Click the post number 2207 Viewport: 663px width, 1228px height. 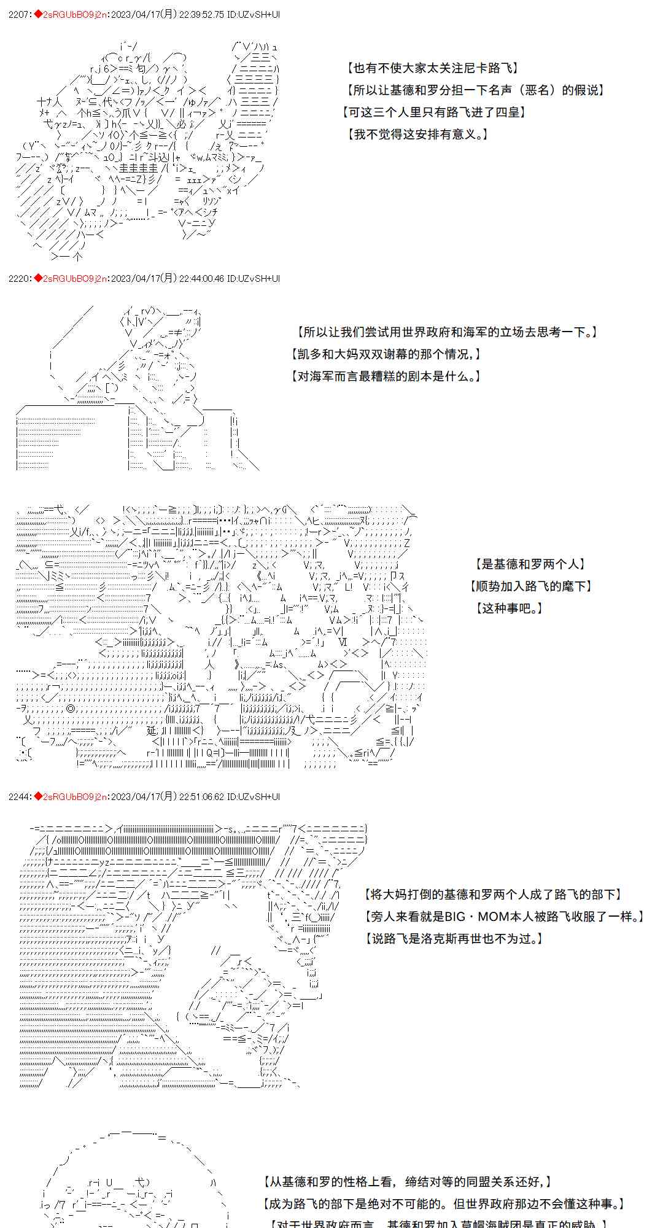[17, 14]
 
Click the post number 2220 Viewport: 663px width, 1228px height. [17, 278]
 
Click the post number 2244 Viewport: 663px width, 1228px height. [17, 796]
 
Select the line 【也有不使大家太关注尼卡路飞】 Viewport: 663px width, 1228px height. [433, 68]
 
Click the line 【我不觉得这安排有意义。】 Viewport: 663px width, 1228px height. [418, 134]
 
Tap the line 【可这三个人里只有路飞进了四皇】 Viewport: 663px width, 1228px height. [434, 112]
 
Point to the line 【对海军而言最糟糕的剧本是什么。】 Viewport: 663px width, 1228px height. [386, 376]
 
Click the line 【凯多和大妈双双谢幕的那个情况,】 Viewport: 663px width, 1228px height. [386, 354]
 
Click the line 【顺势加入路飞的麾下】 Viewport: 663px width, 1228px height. [531, 586]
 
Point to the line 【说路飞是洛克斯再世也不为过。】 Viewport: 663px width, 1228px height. [454, 939]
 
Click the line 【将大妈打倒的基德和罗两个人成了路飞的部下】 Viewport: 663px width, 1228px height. [493, 895]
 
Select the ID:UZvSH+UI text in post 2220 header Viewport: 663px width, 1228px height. [253, 278]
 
